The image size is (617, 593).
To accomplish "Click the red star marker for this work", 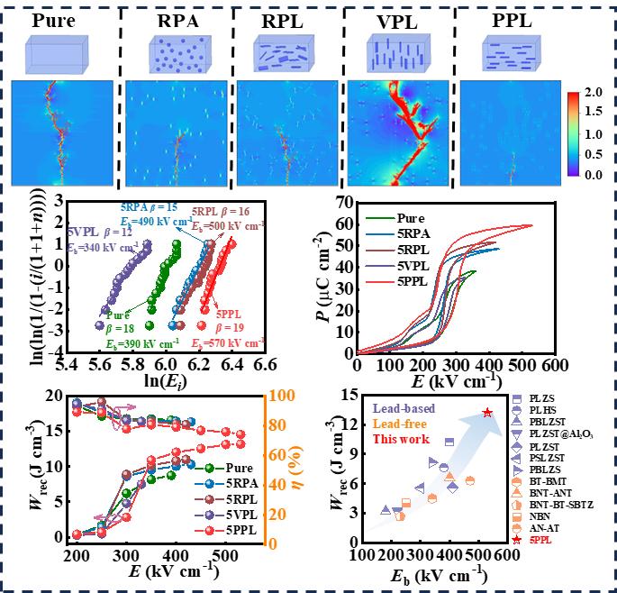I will click(x=487, y=413).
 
